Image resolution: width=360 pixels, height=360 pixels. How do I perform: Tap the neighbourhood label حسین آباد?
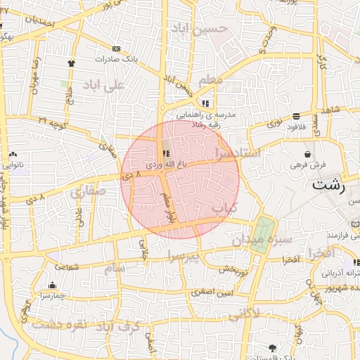[x=203, y=29]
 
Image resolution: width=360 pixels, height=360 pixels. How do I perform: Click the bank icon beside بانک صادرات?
[x=116, y=49]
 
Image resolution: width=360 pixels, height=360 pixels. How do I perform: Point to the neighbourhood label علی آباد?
[x=103, y=85]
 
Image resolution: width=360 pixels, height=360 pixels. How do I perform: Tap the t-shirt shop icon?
[x=70, y=63]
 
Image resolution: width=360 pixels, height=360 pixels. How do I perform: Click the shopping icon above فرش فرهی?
[x=307, y=154]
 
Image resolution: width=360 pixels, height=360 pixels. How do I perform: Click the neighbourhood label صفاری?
[x=88, y=191]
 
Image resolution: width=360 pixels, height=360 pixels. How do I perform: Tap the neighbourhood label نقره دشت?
[x=53, y=324]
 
